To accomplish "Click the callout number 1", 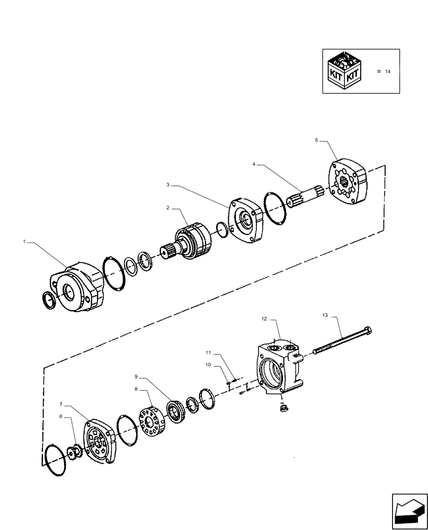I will pyautogui.click(x=24, y=242).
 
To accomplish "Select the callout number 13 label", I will pyautogui.click(x=325, y=315).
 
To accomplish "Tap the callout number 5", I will pyautogui.click(x=316, y=140).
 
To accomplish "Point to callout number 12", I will pyautogui.click(x=264, y=319).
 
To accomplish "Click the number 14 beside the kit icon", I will pyautogui.click(x=387, y=72).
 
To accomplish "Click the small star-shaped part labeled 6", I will pyautogui.click(x=75, y=451).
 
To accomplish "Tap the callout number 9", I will pyautogui.click(x=136, y=377).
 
